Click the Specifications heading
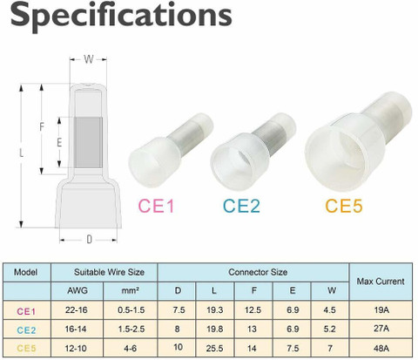click(x=121, y=15)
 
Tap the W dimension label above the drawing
click(x=89, y=59)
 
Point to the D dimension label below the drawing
click(x=89, y=240)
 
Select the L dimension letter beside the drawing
click(x=21, y=153)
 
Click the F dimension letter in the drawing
click(x=42, y=126)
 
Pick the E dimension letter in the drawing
click(x=59, y=142)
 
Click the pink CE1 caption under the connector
click(x=156, y=206)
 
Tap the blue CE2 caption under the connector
click(x=241, y=206)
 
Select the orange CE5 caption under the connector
click(x=344, y=206)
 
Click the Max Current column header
click(x=381, y=282)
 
